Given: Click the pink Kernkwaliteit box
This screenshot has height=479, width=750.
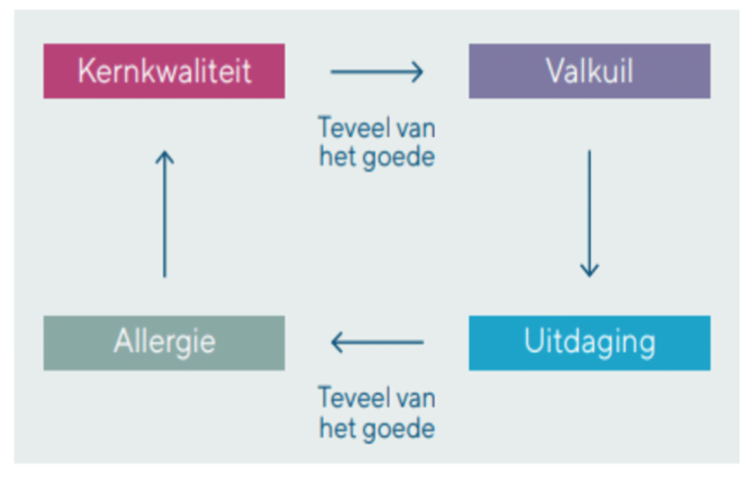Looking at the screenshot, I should tap(164, 71).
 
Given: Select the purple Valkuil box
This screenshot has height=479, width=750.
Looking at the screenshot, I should tap(589, 71).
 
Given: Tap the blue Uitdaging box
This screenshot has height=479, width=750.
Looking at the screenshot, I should tap(589, 343).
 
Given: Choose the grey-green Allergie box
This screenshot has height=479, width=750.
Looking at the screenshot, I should tap(164, 343).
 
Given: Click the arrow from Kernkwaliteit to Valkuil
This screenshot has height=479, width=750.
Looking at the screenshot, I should tap(376, 71).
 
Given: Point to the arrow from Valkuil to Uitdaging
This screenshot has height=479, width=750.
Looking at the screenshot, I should tap(589, 213).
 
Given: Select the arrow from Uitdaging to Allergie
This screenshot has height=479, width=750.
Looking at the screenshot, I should tap(376, 343).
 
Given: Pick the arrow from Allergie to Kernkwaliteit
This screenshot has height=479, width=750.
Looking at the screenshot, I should tap(164, 213).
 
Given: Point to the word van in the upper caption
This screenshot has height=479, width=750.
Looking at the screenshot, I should tap(416, 127).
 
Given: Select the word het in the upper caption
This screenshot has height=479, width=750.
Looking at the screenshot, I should tap(337, 158).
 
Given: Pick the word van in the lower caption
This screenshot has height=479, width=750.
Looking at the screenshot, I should tap(416, 398).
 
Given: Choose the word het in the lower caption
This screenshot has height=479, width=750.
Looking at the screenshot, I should tap(337, 428).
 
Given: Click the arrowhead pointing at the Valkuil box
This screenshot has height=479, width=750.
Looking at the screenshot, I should tap(418, 71).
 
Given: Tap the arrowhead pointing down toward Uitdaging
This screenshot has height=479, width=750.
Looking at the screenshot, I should tap(589, 269).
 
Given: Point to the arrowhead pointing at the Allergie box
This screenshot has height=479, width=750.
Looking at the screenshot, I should tap(336, 343).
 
